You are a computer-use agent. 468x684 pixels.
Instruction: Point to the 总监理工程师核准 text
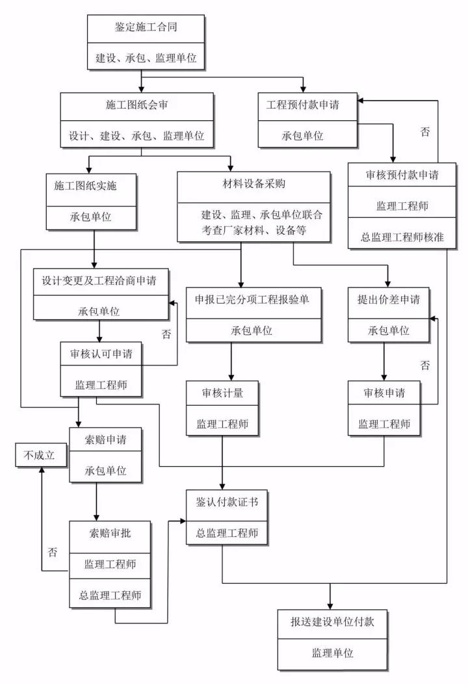[402, 237]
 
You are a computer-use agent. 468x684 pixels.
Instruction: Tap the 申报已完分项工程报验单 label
[254, 300]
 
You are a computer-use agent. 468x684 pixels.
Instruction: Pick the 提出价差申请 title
[388, 300]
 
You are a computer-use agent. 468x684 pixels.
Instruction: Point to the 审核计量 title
[223, 393]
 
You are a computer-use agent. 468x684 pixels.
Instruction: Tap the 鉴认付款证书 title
[222, 503]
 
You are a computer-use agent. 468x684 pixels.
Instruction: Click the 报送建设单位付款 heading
[332, 622]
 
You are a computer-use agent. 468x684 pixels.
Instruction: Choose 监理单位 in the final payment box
[332, 653]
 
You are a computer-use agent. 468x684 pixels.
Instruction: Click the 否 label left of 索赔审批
[53, 553]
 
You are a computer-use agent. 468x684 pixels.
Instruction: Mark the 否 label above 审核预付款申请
[424, 132]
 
